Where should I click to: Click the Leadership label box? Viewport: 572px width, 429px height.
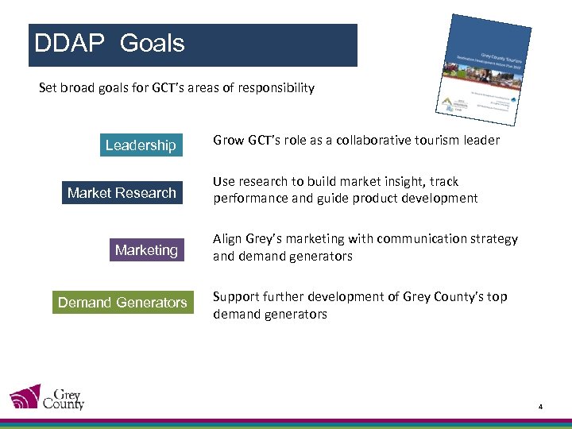pos(141,145)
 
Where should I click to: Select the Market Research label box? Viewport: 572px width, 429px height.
pos(122,192)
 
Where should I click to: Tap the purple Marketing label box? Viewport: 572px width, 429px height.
pos(146,250)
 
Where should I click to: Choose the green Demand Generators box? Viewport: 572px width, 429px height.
pos(122,302)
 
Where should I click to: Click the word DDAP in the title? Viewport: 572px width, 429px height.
pos(69,44)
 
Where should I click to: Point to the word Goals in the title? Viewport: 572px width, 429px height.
pos(152,44)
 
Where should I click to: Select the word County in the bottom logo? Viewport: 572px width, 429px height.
pos(63,404)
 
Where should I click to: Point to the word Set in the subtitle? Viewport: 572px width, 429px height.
pos(48,87)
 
